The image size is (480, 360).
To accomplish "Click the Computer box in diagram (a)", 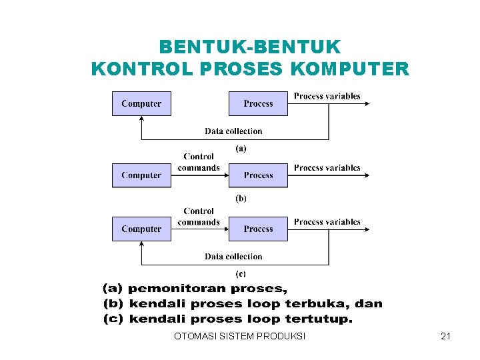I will point(141,104).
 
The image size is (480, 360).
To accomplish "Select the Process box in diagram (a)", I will point(258,104).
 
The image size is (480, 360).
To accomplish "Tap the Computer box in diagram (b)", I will point(141,175).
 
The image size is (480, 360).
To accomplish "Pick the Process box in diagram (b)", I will point(258,175).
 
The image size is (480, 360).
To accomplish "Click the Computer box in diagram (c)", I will point(141,229).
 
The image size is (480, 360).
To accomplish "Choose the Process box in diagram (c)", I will point(258,229).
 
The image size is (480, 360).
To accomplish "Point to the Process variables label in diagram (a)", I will point(327,96).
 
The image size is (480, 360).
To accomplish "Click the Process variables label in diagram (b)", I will point(327,168).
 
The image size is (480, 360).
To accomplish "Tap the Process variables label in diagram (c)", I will point(327,222).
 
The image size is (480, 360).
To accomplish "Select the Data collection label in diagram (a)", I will point(233,131).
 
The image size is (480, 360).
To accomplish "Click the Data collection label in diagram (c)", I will point(233,257).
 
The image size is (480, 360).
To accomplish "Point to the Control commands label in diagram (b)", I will point(199,162).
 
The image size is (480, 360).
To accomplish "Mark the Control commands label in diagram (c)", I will point(199,217).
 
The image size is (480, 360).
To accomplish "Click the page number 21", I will point(446,337).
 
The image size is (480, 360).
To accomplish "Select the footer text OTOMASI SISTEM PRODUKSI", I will point(239,337).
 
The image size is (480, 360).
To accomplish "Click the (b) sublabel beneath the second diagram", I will point(241,198).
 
